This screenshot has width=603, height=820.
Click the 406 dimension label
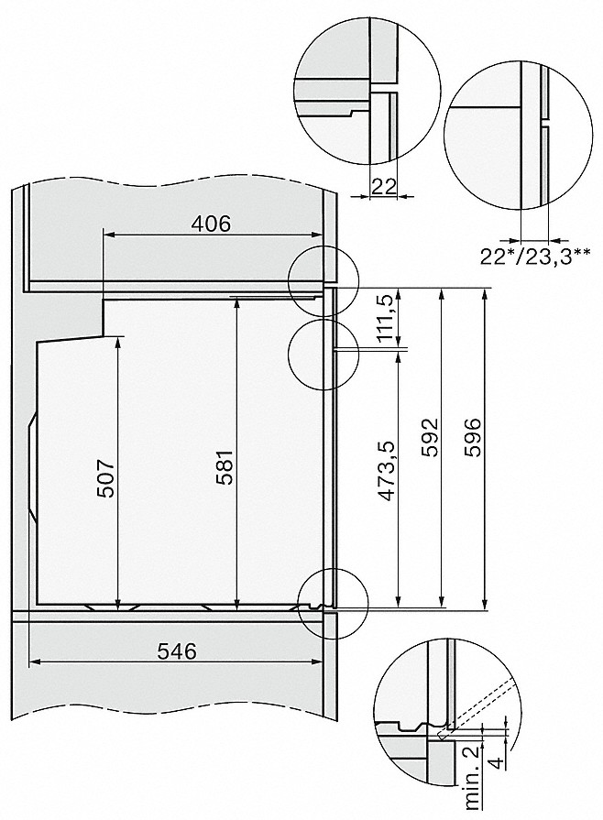tap(212, 223)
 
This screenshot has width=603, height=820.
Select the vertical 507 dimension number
tap(106, 477)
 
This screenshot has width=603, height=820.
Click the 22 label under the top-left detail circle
tap(385, 187)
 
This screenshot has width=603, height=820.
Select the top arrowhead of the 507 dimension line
tap(120, 342)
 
